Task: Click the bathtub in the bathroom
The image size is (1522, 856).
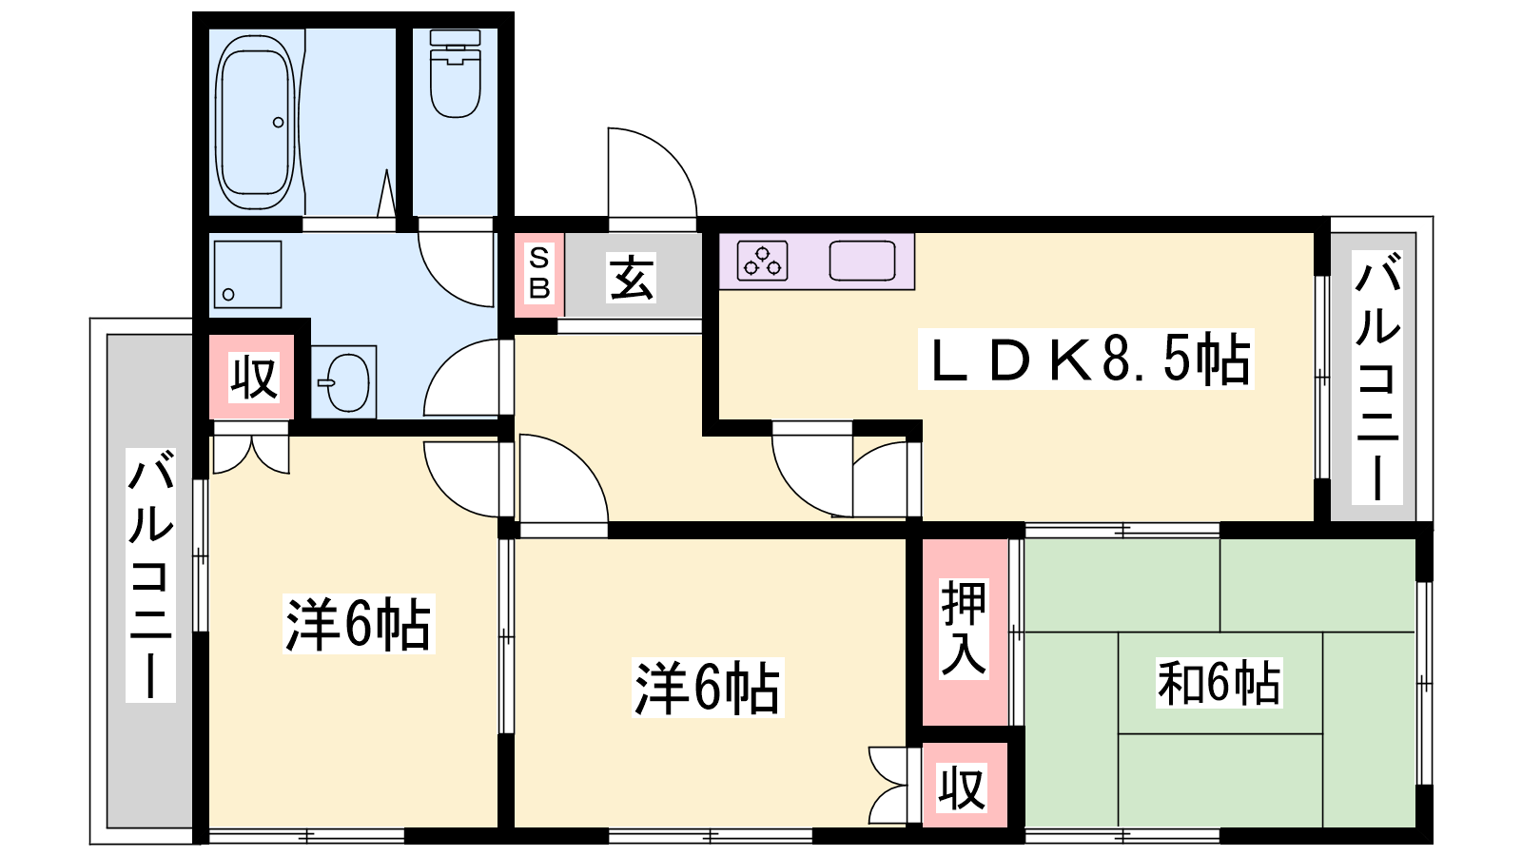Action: (x=256, y=123)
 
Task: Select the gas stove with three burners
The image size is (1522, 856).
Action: (x=762, y=261)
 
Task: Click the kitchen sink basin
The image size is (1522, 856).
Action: (x=862, y=261)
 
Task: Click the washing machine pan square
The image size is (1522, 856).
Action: (x=247, y=275)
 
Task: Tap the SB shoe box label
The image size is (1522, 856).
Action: (x=539, y=273)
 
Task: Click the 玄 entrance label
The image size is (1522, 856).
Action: (x=632, y=277)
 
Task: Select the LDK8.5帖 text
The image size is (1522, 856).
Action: (x=1085, y=360)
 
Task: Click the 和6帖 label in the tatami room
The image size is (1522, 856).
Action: (x=1219, y=683)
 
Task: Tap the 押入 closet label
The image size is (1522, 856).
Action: (x=964, y=629)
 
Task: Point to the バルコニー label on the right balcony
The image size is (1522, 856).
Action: (x=1377, y=377)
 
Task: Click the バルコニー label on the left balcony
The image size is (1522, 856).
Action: (x=151, y=574)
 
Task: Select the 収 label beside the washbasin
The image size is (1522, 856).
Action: (x=253, y=377)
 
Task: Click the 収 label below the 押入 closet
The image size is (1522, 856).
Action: (x=962, y=788)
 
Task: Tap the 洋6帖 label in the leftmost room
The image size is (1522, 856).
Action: (x=358, y=624)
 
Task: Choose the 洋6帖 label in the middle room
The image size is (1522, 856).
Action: (x=708, y=688)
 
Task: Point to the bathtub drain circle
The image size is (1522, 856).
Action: (x=278, y=123)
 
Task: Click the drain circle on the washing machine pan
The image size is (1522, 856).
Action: (x=228, y=295)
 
